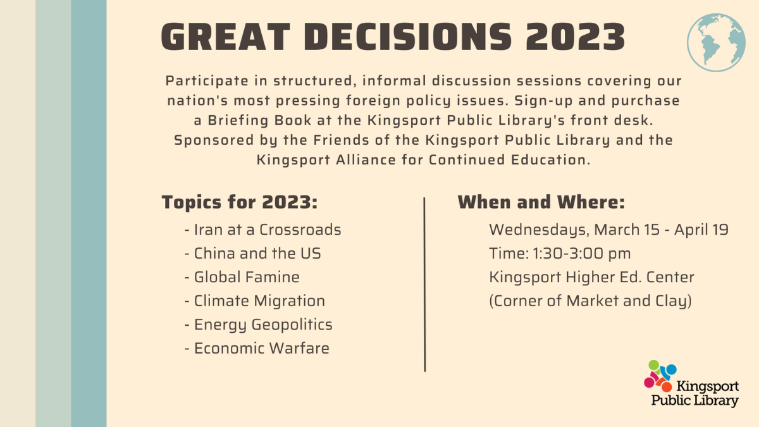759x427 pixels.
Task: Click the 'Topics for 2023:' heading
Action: click(239, 202)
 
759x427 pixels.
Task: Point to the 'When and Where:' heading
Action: click(541, 202)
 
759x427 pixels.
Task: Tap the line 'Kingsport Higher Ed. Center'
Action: click(591, 277)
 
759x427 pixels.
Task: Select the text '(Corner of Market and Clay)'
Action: click(590, 301)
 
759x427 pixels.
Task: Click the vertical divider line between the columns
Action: click(424, 285)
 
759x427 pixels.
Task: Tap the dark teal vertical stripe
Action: click(89, 213)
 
